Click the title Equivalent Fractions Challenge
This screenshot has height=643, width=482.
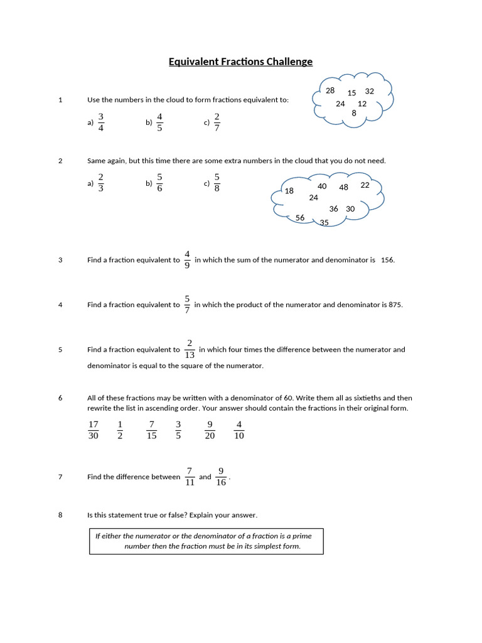click(240, 62)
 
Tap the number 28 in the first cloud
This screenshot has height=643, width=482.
click(330, 90)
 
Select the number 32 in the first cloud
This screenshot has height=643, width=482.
click(369, 91)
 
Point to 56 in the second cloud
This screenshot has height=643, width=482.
click(300, 218)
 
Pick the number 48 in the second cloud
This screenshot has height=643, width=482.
click(343, 187)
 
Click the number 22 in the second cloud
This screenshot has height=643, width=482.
click(365, 185)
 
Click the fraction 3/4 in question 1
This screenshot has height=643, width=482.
click(101, 122)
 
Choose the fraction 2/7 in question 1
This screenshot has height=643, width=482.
click(217, 122)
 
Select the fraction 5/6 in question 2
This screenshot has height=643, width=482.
click(159, 183)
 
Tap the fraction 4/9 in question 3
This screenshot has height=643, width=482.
click(187, 259)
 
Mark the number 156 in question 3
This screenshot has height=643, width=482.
click(387, 260)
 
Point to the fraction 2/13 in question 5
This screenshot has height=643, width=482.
click(189, 350)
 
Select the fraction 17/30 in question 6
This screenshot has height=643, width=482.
click(93, 430)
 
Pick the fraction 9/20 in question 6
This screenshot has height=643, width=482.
click(210, 430)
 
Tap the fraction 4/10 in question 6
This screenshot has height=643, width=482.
click(239, 430)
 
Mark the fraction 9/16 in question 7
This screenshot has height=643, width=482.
click(221, 477)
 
